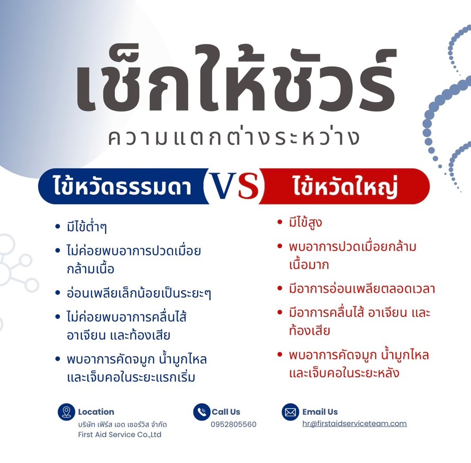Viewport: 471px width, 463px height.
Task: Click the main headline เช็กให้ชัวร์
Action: [x=237, y=79]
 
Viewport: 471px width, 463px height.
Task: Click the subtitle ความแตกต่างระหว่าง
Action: [x=234, y=138]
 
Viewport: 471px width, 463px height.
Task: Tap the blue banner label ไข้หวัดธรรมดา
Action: [x=123, y=186]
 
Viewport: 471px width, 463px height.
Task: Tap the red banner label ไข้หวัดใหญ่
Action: [x=346, y=186]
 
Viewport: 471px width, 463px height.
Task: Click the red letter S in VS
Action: [x=249, y=186]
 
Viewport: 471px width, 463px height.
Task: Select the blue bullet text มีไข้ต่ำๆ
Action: [x=87, y=226]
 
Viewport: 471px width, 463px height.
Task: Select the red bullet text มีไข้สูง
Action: [x=305, y=222]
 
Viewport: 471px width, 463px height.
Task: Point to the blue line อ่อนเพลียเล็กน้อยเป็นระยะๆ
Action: [x=139, y=293]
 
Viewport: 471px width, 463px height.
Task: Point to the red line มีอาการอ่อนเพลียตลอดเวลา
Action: [x=362, y=288]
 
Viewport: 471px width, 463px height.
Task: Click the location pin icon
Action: [x=66, y=412]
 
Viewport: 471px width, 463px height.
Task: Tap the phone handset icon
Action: [x=202, y=412]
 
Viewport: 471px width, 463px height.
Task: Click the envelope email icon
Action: [x=290, y=412]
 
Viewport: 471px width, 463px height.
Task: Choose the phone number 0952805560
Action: [x=234, y=424]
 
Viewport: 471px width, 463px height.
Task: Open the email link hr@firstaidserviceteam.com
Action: [x=355, y=423]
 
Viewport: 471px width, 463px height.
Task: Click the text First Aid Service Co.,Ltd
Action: [x=120, y=434]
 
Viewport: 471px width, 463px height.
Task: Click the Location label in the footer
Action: [x=96, y=412]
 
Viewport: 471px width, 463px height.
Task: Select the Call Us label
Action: [x=226, y=412]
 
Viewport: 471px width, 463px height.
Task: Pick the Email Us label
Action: [x=320, y=412]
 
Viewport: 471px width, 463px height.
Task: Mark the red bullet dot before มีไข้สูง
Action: [x=280, y=222]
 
